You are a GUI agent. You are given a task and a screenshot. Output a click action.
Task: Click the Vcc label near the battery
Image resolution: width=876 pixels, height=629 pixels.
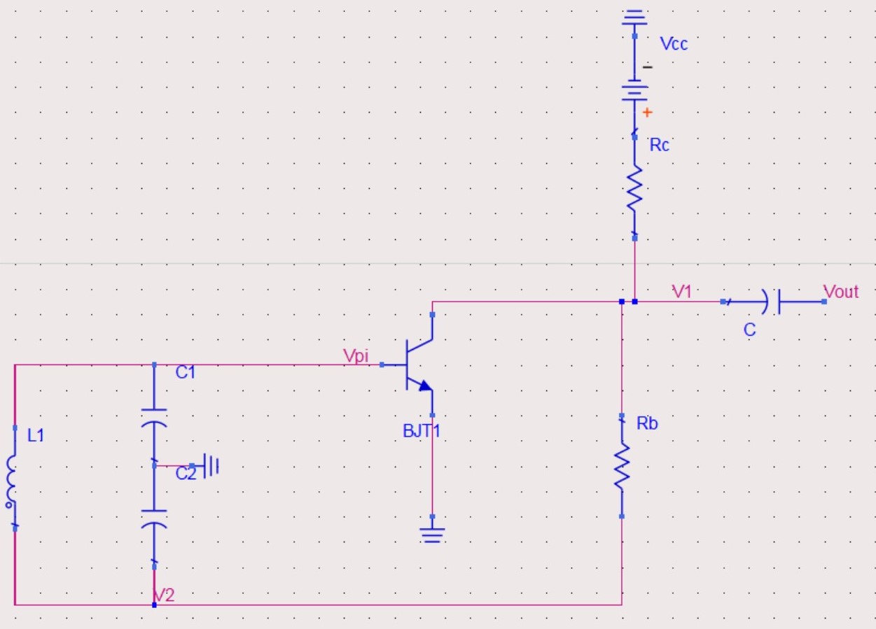pyautogui.click(x=674, y=44)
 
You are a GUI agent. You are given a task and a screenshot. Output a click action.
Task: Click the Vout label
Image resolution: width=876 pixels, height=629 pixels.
pyautogui.click(x=841, y=292)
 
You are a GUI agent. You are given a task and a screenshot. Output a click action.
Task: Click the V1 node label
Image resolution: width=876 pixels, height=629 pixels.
pyautogui.click(x=681, y=292)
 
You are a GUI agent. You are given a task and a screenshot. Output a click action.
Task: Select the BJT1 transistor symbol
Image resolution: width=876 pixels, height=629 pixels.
pyautogui.click(x=417, y=364)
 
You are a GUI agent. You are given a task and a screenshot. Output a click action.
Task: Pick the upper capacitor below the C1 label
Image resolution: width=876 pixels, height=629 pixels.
pyautogui.click(x=154, y=417)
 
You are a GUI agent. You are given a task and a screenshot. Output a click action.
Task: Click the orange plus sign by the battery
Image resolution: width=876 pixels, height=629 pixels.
pyautogui.click(x=647, y=112)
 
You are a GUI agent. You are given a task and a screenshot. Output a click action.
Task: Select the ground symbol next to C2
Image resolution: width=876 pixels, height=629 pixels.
pyautogui.click(x=210, y=465)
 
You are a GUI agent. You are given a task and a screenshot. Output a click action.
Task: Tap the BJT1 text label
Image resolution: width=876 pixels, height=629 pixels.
pyautogui.click(x=422, y=430)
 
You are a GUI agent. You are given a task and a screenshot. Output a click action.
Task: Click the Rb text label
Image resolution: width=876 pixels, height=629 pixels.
pyautogui.click(x=647, y=423)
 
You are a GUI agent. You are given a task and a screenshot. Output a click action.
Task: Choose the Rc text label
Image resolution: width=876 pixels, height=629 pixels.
pyautogui.click(x=659, y=145)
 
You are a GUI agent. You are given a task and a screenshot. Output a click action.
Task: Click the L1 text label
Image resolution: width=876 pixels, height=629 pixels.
pyautogui.click(x=36, y=435)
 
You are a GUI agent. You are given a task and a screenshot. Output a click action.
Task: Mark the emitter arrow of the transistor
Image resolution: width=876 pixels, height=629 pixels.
pyautogui.click(x=424, y=385)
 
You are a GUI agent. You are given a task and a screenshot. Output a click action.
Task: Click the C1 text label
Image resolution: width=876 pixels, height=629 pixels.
pyautogui.click(x=185, y=372)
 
